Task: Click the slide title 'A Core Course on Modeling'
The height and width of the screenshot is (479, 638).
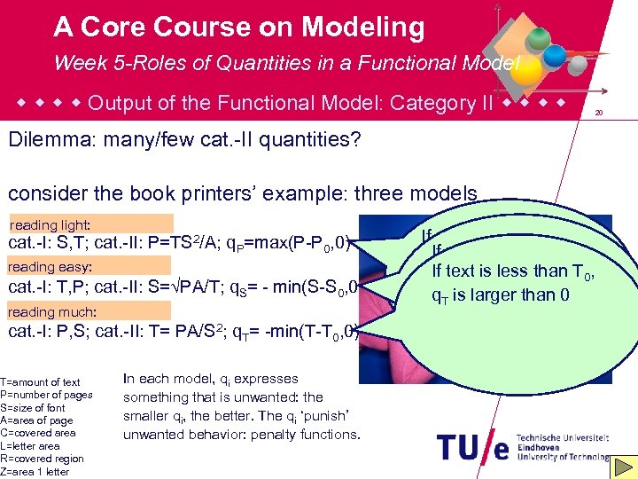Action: coord(238,27)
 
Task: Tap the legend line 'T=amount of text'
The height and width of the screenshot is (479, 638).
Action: coord(41,382)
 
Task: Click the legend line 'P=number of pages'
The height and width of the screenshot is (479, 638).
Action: coord(46,395)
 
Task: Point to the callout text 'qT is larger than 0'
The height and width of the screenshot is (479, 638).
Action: coord(500,295)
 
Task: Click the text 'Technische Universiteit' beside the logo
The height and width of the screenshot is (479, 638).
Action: coord(564,438)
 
